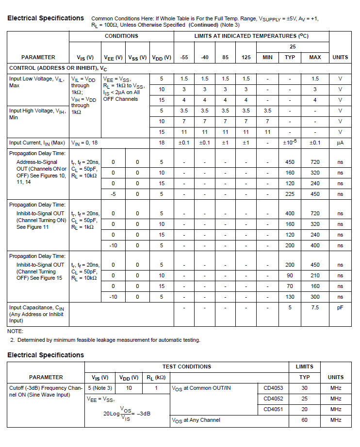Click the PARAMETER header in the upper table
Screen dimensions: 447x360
pyautogui.click(x=38, y=57)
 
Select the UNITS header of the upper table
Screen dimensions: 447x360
pyautogui.click(x=340, y=57)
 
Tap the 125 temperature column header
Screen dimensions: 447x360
pyautogui.click(x=246, y=57)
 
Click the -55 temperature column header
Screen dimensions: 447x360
pyautogui.click(x=184, y=57)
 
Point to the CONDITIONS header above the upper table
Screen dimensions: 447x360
pyautogui.click(x=121, y=36)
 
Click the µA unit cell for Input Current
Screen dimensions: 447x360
pyautogui.click(x=340, y=143)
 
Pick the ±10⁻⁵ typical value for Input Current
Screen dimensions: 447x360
pyautogui.click(x=290, y=143)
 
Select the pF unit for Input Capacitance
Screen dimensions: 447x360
pyautogui.click(x=340, y=307)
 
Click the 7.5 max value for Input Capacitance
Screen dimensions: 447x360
pyautogui.click(x=315, y=307)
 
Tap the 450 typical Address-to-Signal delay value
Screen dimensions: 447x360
pyautogui.click(x=290, y=162)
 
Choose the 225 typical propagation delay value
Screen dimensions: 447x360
pyautogui.click(x=290, y=194)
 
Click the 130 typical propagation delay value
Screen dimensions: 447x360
pyautogui.click(x=290, y=297)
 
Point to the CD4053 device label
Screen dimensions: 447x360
pyautogui.click(x=273, y=388)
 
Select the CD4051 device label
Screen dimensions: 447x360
pyautogui.click(x=273, y=410)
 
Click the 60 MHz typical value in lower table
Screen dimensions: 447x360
pyautogui.click(x=305, y=420)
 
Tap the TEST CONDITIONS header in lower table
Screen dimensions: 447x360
pyautogui.click(x=186, y=367)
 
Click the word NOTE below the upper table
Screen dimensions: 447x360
pyautogui.click(x=15, y=331)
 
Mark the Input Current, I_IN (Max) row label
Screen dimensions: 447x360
pyautogui.click(x=37, y=143)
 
